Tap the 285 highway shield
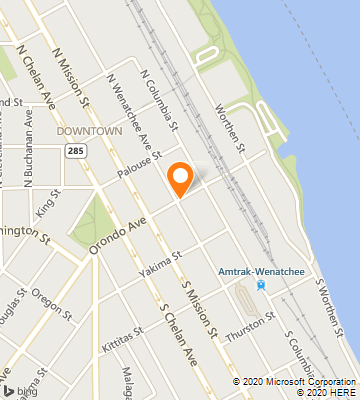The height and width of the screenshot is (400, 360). pos(76,150)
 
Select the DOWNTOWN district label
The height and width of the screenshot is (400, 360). pos(89,131)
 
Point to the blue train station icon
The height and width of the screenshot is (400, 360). pos(261,285)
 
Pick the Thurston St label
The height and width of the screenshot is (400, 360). pos(251,323)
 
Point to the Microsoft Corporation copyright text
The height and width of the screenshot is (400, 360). pos(297,381)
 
